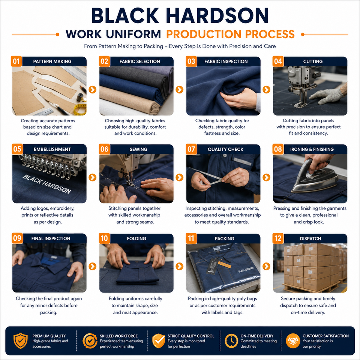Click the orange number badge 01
[16, 61]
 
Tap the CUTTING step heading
[313, 61]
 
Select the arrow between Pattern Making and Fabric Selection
[93, 90]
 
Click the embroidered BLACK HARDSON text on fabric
[47, 184]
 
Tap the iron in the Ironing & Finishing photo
[315, 177]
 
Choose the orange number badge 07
[191, 149]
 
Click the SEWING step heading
[138, 149]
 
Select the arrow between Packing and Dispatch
[266, 266]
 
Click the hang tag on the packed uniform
[211, 266]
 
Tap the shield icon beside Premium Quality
[20, 341]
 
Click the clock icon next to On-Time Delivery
[231, 341]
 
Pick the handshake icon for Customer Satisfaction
[293, 341]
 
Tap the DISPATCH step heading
[310, 238]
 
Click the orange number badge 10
[104, 238]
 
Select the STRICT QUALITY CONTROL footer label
[191, 336]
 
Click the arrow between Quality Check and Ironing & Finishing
[266, 177]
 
